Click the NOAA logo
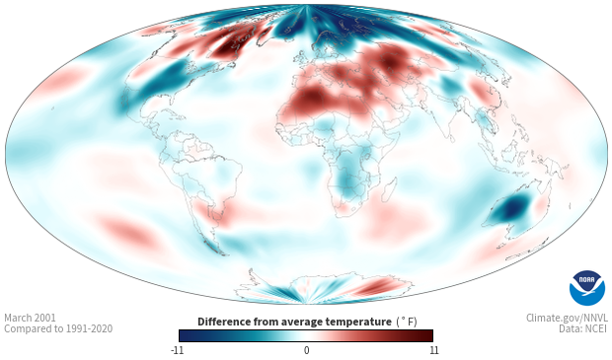(x=587, y=288)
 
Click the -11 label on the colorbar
(x=178, y=350)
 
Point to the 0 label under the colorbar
(x=306, y=350)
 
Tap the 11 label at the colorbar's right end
(x=433, y=350)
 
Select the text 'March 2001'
(x=30, y=318)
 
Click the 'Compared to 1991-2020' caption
(x=58, y=328)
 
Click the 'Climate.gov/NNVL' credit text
(x=567, y=318)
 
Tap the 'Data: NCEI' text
(x=583, y=328)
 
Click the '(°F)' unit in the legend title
(x=407, y=322)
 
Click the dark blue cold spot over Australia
(x=513, y=210)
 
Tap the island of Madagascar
(x=389, y=189)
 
